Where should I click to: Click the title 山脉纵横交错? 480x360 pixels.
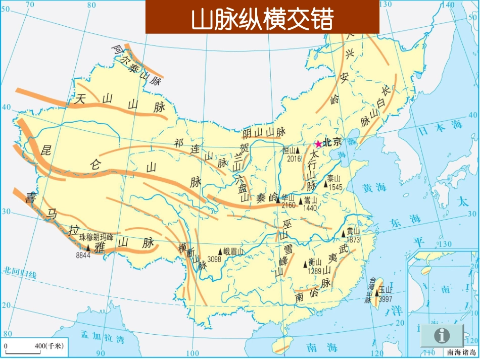pyautogui.click(x=262, y=20)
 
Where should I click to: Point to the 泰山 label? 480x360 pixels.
pyautogui.click(x=334, y=179)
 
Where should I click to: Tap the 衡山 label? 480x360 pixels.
pyautogui.click(x=315, y=262)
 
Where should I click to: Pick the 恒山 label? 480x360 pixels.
pyautogui.click(x=290, y=150)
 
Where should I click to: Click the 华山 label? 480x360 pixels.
pyautogui.click(x=288, y=197)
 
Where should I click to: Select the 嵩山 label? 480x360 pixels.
pyautogui.click(x=310, y=200)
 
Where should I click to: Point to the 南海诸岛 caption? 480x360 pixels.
pyautogui.click(x=461, y=352)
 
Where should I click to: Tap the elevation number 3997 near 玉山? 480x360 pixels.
pyautogui.click(x=386, y=298)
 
